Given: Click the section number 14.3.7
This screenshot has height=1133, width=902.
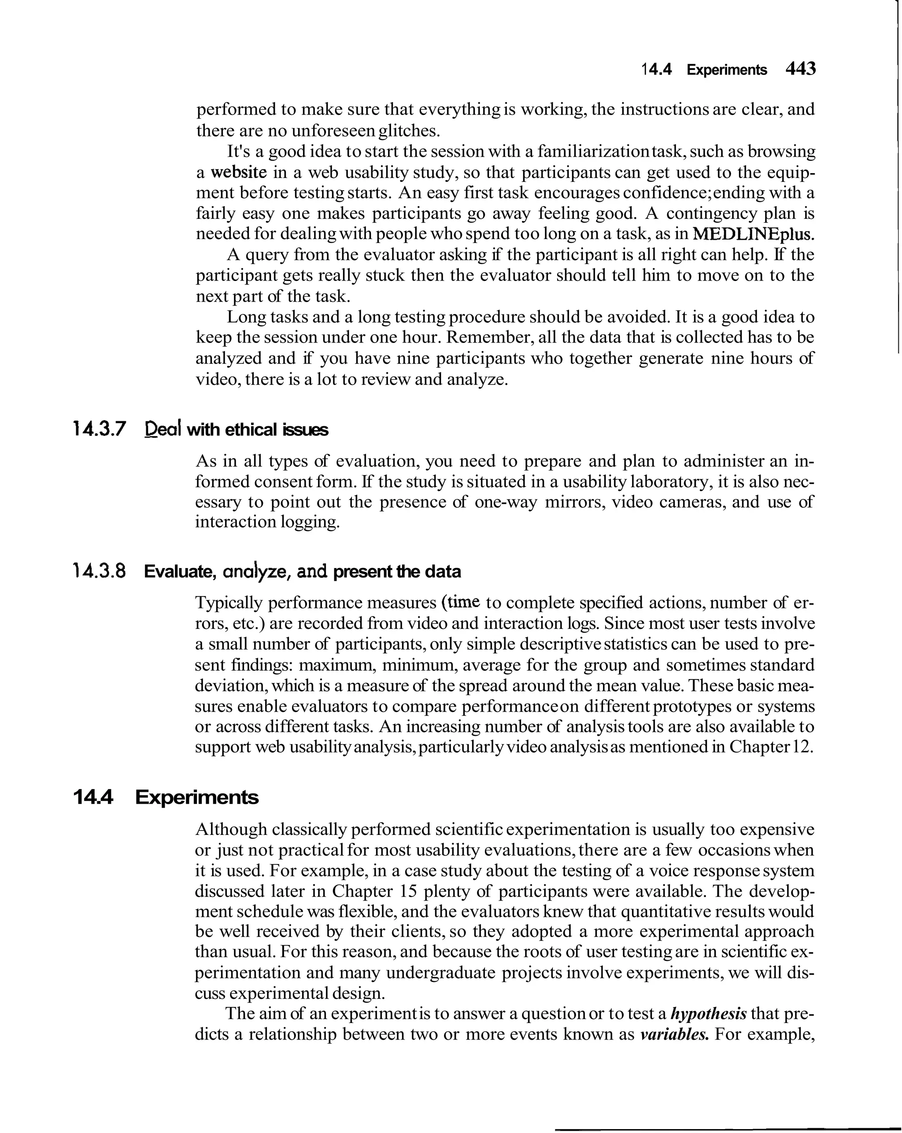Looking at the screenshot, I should pos(100,430).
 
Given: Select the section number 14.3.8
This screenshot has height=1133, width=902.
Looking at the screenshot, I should pos(100,571).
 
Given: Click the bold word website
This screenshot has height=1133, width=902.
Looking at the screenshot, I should pos(239,172).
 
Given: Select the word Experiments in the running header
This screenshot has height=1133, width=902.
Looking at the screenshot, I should pos(726,70).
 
